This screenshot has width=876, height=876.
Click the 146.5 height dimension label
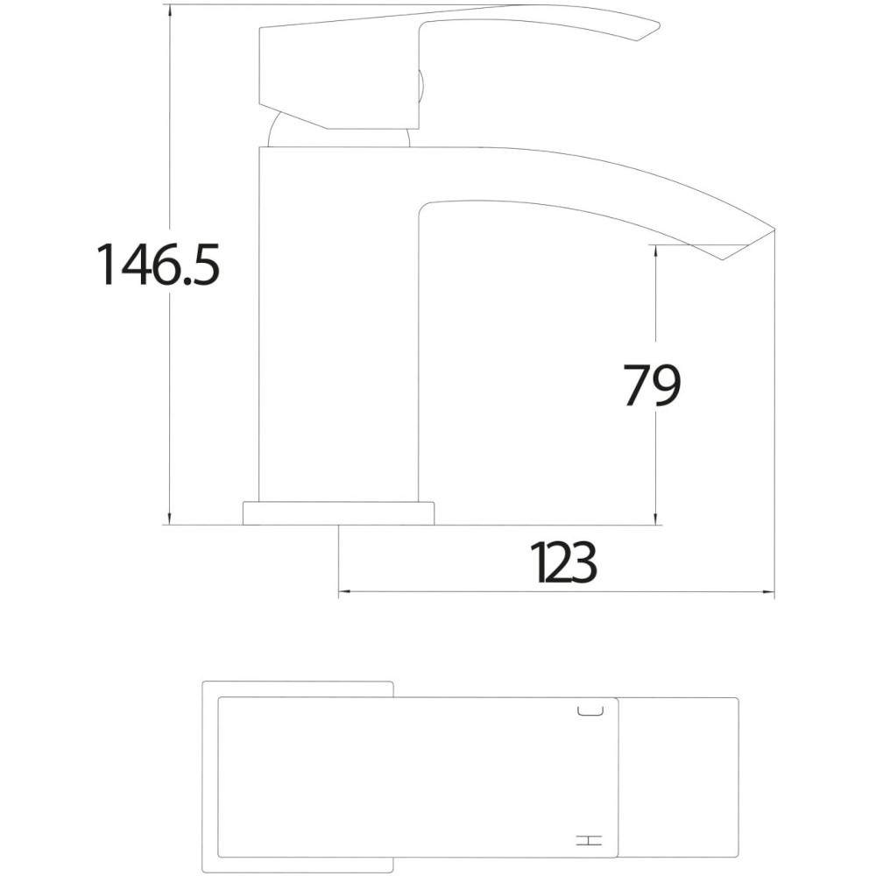pos(159,265)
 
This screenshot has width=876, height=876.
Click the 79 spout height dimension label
pos(652,385)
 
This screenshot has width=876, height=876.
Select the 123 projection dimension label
pos(563,562)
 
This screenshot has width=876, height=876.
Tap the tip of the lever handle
pos(660,25)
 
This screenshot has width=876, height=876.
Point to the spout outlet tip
pos(774,229)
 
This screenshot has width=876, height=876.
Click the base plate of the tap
pos(338,513)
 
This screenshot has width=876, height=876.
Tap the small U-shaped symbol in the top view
pos(590,710)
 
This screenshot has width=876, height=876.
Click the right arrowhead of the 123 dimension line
pos(771,591)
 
